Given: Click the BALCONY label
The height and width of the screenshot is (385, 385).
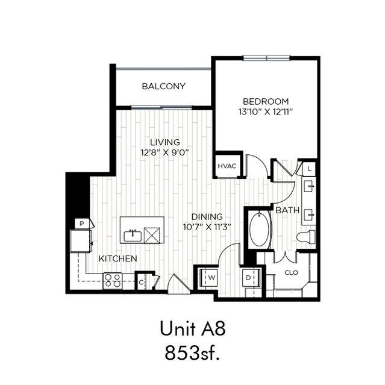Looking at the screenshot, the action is pos(163,86).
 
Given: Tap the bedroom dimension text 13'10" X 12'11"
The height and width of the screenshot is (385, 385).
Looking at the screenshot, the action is pos(266,112).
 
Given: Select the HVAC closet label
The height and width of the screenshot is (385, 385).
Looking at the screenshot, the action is pos(227,166).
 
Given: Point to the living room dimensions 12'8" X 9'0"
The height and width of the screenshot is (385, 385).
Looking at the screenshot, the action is pos(164,152).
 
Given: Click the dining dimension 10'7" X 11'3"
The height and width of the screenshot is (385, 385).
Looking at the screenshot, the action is pos(207,227).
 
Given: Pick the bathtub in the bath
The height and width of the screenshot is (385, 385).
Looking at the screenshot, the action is pos(259,230).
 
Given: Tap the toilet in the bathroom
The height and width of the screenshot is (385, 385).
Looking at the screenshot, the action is pos(306,237).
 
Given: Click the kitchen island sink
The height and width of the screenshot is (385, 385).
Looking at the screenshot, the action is pos(133,236).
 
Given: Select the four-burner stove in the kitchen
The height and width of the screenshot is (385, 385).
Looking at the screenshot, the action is pos(113,281).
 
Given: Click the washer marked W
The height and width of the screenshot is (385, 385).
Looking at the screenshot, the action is pos(208,278).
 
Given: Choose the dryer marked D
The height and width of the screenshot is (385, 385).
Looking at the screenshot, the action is pos(251,278).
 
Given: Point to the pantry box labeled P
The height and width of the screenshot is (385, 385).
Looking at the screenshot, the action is pos(83,224).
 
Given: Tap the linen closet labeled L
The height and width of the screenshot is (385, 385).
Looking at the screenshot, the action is pos(308,169).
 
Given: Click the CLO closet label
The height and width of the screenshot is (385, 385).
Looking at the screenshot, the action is pos(291,272).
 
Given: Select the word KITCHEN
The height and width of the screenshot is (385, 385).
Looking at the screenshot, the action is pos(118,258).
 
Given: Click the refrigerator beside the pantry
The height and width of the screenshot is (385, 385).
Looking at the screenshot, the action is pos(81,241).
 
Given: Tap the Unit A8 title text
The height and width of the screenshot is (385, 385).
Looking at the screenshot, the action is pos(193,329).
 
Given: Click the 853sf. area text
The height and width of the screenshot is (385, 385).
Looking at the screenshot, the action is pos(192,353).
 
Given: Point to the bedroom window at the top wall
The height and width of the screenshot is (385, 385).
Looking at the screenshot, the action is pos(267,58).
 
